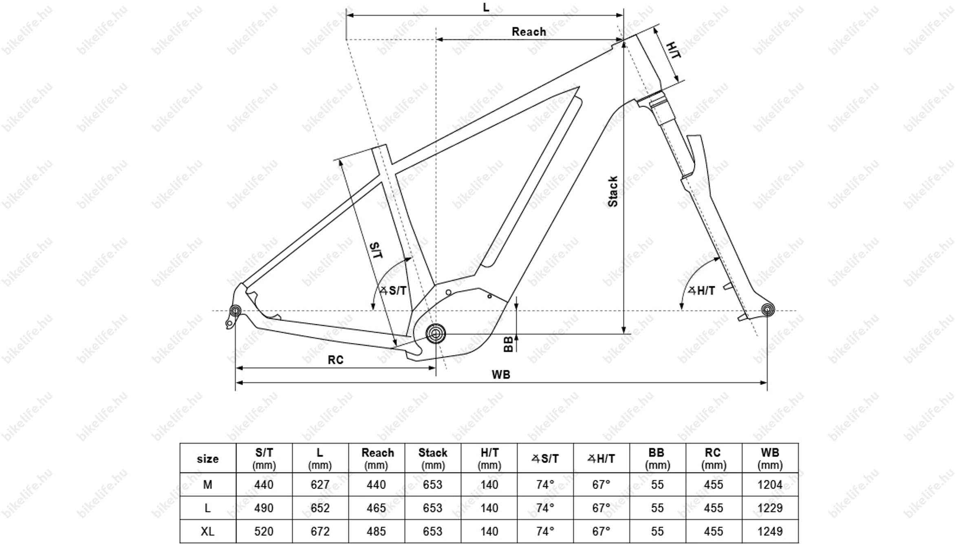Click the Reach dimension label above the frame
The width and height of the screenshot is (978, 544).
tap(529, 32)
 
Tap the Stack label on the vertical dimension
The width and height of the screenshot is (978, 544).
tap(613, 191)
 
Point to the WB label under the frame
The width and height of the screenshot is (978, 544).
tap(501, 374)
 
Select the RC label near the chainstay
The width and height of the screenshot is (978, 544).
tap(335, 360)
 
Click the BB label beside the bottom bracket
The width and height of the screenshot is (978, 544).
tap(508, 344)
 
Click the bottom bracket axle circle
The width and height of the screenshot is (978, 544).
tap(436, 334)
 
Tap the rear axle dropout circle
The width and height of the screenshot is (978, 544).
tap(236, 311)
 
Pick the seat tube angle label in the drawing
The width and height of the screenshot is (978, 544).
tap(393, 291)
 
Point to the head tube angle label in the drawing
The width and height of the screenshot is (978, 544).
tap(701, 291)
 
